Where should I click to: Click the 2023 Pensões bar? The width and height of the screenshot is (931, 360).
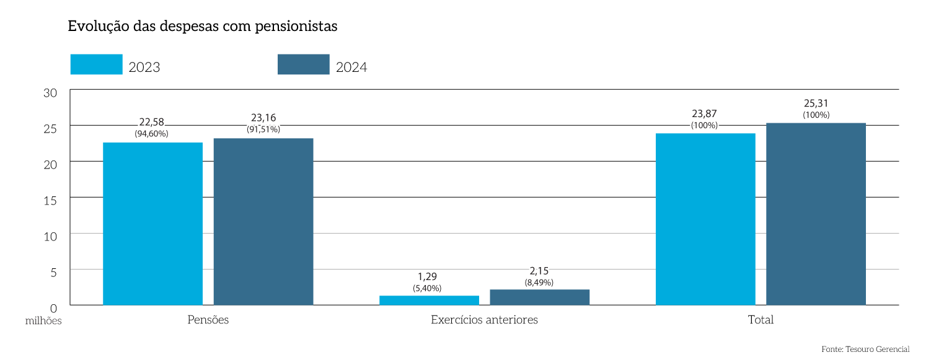[x=152, y=224]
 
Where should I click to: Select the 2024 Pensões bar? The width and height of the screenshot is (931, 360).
[x=263, y=221]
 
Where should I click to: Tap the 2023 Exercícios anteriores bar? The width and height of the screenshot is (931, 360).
[x=429, y=301]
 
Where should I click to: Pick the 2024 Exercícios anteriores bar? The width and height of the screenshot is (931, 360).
[x=539, y=297]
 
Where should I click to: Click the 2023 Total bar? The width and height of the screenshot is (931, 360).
[x=705, y=219]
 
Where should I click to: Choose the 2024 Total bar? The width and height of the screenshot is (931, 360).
[x=816, y=214]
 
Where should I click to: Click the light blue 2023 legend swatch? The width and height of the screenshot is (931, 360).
[x=96, y=64]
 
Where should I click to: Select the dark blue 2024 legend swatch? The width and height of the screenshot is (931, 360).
[x=303, y=64]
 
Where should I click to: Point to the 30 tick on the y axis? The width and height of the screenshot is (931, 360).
[x=50, y=92]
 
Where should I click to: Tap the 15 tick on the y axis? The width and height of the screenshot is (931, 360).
[x=50, y=200]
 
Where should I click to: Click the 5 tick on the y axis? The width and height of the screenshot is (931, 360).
[x=53, y=271]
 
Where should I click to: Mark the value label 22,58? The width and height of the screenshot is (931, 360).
[x=152, y=122]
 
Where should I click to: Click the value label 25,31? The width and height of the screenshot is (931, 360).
[x=816, y=103]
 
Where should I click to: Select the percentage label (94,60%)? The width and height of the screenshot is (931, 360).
[x=151, y=133]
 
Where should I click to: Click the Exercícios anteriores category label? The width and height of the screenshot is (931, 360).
[x=484, y=320]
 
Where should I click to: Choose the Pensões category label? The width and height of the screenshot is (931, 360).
[x=208, y=320]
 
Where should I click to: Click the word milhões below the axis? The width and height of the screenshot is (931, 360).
[x=43, y=321]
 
